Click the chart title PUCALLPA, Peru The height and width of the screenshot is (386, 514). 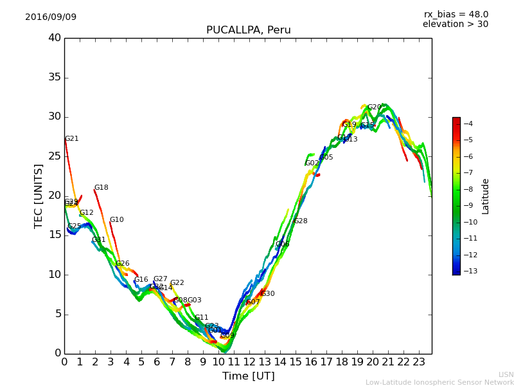click(x=248, y=30)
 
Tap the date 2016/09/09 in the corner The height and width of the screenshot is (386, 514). click(x=51, y=17)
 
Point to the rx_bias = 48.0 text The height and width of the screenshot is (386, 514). click(x=456, y=14)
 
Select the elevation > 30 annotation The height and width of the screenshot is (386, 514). click(x=455, y=24)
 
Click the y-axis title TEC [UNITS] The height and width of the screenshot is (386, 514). click(x=39, y=196)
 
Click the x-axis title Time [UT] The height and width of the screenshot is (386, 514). click(x=248, y=376)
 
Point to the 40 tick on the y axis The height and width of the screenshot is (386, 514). click(x=55, y=38)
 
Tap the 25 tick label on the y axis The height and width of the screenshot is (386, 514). click(x=55, y=156)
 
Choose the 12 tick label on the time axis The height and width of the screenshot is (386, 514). click(x=249, y=362)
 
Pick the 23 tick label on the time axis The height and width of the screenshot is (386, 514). click(x=419, y=362)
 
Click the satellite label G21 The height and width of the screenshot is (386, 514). click(x=71, y=139)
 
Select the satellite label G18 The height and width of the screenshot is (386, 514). click(x=101, y=188)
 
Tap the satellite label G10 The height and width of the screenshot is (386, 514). click(x=116, y=220)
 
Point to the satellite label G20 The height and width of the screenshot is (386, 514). click(x=374, y=107)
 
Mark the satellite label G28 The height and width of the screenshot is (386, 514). click(x=300, y=221)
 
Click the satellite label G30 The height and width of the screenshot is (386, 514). click(x=267, y=294)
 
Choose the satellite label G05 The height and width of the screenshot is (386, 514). click(x=326, y=158)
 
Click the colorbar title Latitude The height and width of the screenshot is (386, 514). click(x=486, y=196)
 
